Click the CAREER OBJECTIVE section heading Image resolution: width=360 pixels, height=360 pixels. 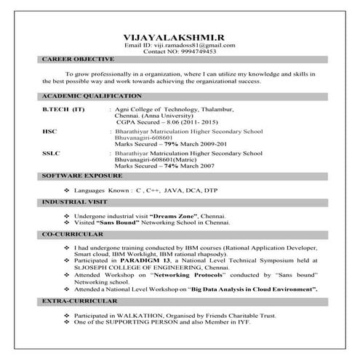coord(78,59)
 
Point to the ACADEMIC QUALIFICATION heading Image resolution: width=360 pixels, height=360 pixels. coord(91,97)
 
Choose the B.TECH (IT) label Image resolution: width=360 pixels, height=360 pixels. coord(64,109)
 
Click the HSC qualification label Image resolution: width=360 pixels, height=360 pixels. coord(50,130)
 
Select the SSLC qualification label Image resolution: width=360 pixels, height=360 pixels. coord(52,153)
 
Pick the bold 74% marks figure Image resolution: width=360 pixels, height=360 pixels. coord(170,167)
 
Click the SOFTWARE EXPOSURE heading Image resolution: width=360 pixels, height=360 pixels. coord(82,177)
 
